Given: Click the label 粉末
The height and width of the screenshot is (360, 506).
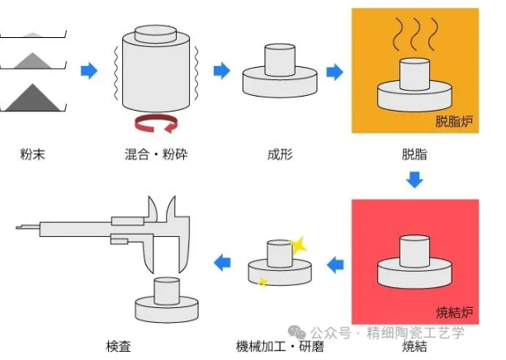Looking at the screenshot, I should point(32,154).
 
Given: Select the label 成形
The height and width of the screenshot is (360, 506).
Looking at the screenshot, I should point(279,154).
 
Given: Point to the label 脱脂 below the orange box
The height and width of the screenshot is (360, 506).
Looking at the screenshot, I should point(414,154).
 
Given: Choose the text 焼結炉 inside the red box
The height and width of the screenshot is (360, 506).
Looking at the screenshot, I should point(456,312).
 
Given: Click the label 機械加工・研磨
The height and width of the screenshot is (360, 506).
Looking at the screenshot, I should point(279,346).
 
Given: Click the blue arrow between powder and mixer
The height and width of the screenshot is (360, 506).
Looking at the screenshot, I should point(87,71).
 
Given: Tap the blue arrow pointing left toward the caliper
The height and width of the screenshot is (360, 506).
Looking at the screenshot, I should point(221,263).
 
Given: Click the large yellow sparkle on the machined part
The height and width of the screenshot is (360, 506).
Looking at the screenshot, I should point(298,244).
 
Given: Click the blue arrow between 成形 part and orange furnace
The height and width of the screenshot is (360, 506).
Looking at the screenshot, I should point(334,72).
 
